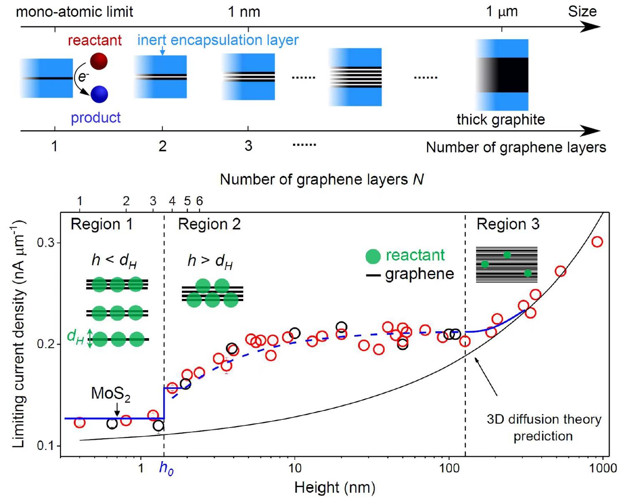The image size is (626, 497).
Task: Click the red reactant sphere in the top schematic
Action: click(x=99, y=61)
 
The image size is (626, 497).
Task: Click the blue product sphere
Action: click(x=99, y=94)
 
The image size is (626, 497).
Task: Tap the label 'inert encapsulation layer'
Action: click(x=218, y=40)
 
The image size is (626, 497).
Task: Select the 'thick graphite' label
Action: click(x=500, y=120)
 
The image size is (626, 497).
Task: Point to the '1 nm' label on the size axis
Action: click(x=244, y=12)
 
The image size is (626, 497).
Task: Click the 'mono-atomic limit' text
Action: click(x=74, y=12)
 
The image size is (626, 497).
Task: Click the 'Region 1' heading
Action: click(x=101, y=224)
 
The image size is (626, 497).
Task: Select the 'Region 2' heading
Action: click(x=209, y=224)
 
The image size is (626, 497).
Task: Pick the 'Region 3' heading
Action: click(x=508, y=224)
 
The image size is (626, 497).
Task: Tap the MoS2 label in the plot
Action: click(x=111, y=394)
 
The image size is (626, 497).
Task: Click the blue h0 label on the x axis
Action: click(x=166, y=468)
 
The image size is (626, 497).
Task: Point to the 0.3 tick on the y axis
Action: click(x=45, y=243)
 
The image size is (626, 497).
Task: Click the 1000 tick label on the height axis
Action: click(x=603, y=468)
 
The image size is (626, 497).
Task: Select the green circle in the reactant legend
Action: click(x=373, y=256)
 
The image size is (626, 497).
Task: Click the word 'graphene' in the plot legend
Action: click(x=419, y=274)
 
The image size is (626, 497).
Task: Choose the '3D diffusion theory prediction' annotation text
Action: click(x=543, y=427)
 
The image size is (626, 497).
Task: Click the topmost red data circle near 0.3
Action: click(x=597, y=242)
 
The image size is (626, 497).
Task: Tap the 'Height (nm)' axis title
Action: click(x=335, y=487)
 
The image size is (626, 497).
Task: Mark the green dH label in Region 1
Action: click(x=75, y=336)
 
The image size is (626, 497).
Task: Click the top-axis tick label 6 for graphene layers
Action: click(x=199, y=201)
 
